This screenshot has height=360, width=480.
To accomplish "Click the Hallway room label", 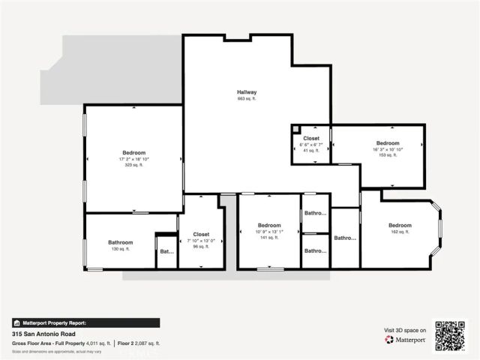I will tap(247, 92).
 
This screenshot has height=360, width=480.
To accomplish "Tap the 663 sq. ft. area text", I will tap(247, 99).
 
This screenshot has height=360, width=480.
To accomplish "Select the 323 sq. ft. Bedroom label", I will tap(133, 153).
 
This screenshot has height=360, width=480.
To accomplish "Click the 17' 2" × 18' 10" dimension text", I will tap(133, 159).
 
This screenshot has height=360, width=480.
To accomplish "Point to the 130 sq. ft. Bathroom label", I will tap(120, 242).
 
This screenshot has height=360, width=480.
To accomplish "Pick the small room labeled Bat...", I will tap(166, 252).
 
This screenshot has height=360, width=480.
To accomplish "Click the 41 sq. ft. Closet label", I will tap(311, 139).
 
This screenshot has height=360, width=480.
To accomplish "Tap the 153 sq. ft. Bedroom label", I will tap(388, 143).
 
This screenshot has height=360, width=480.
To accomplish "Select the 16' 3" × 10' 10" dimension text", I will tap(388, 149).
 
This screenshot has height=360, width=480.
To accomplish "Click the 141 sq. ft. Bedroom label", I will tap(269, 226).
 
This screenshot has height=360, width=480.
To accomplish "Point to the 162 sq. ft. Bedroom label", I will tap(400, 226).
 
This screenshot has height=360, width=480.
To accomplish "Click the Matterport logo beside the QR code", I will tap(406, 340).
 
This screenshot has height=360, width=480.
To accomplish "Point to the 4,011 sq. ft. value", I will tap(98, 343).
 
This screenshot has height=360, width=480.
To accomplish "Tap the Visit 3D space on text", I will tap(405, 330).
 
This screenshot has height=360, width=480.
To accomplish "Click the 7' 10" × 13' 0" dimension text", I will tap(201, 241).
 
